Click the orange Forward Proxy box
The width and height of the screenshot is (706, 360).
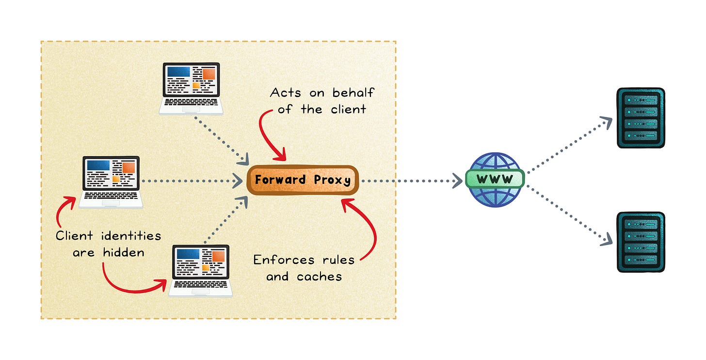pyautogui.click(x=303, y=180)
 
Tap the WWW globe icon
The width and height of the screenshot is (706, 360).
pyautogui.click(x=495, y=180)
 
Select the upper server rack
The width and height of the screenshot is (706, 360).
pyautogui.click(x=640, y=118)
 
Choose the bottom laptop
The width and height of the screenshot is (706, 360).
pyautogui.click(x=201, y=270)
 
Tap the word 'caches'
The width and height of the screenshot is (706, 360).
pyautogui.click(x=318, y=277)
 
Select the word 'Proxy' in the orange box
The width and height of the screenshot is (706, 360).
pyautogui.click(x=332, y=180)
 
